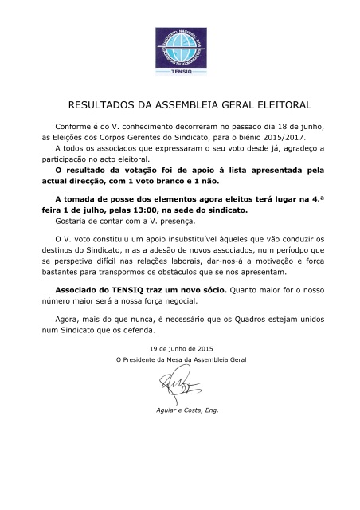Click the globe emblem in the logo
179,49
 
